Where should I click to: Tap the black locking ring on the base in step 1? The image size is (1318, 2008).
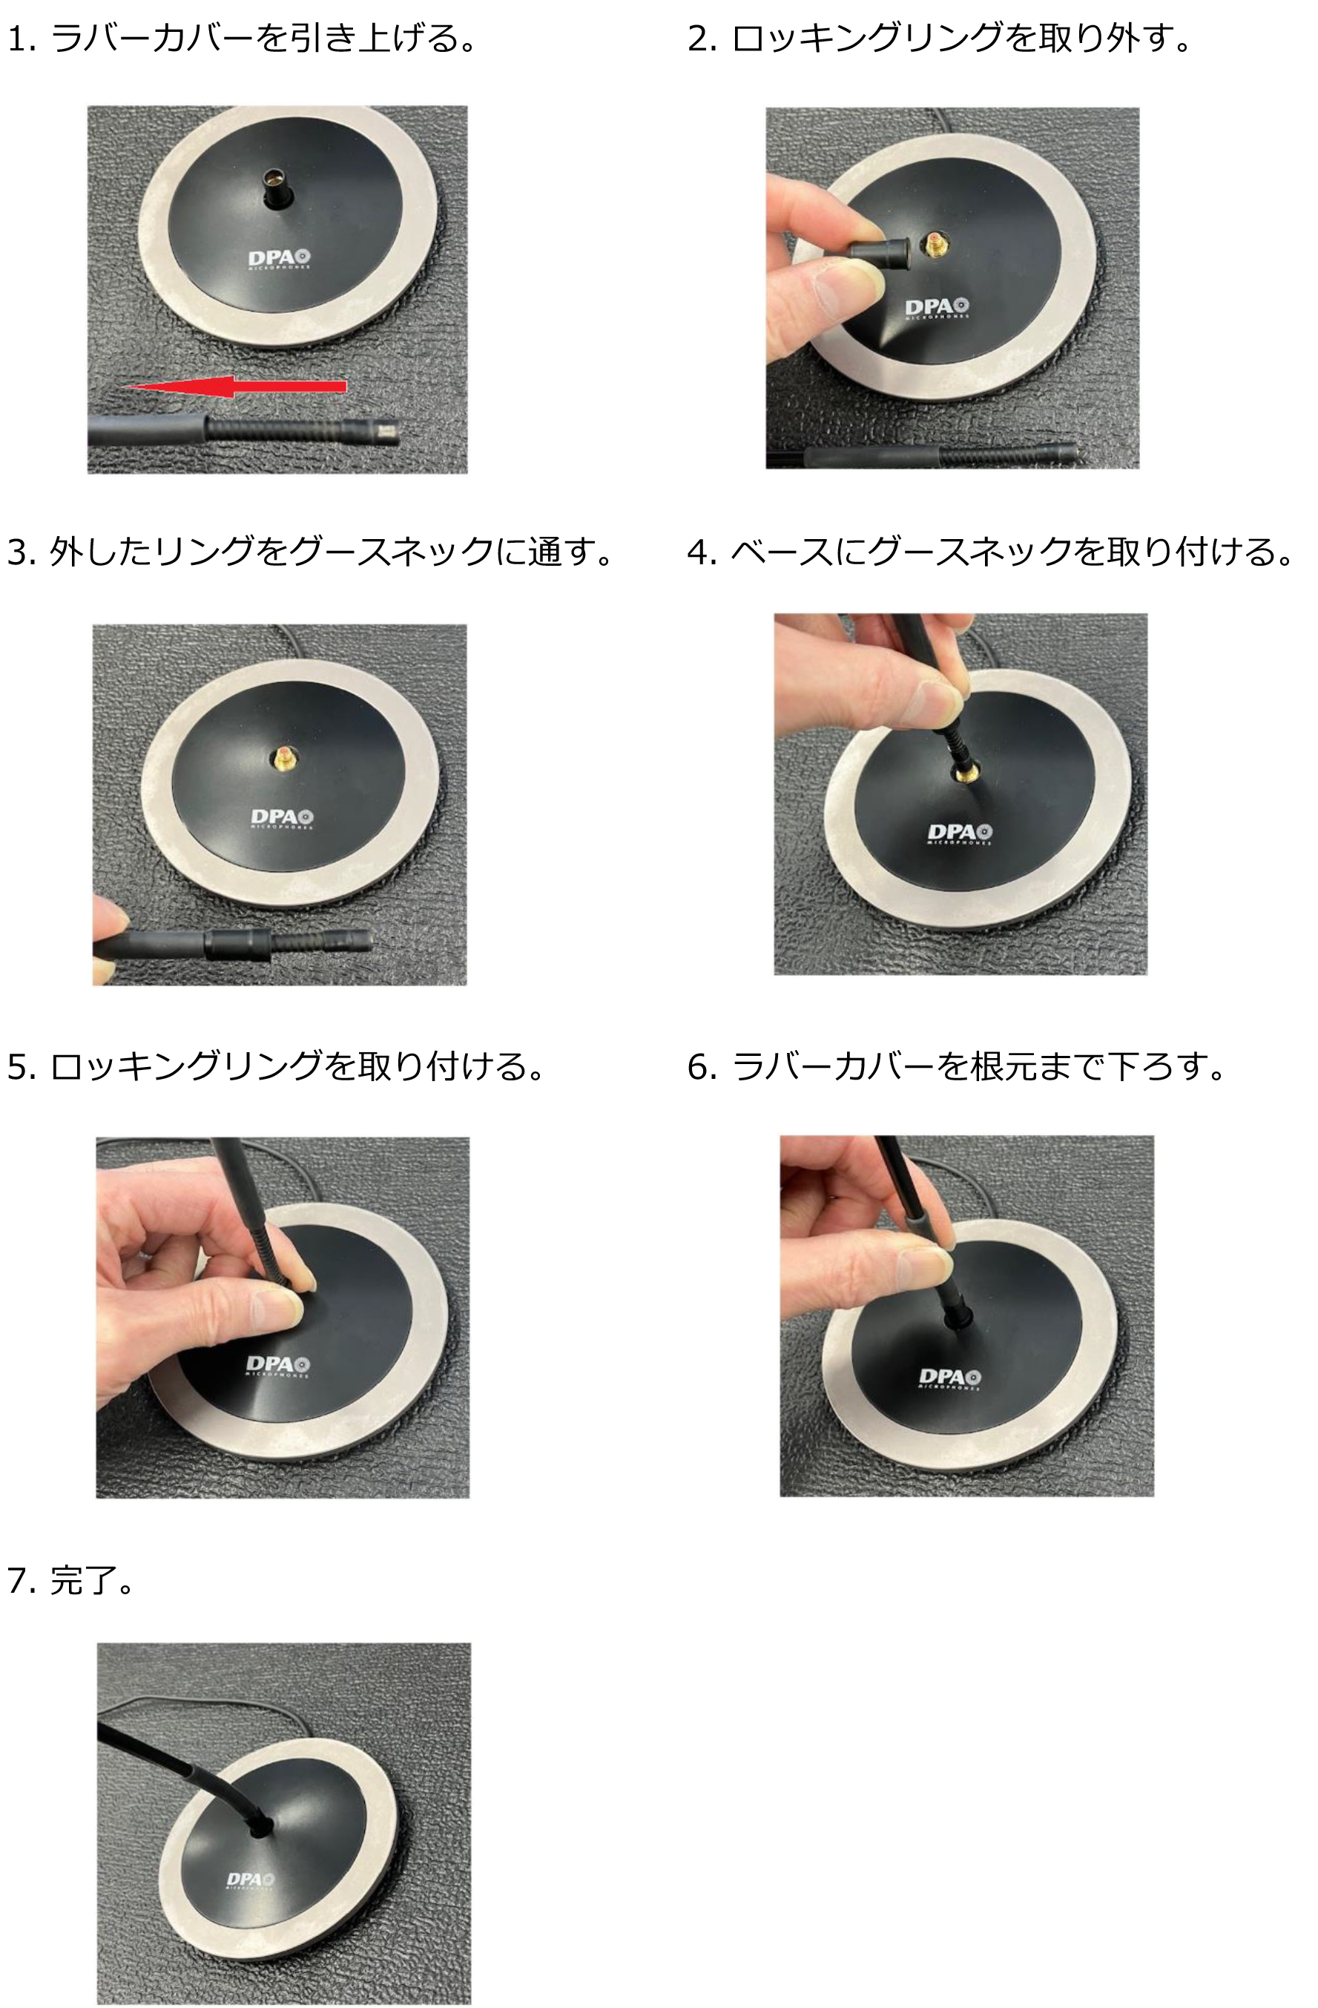point(277,191)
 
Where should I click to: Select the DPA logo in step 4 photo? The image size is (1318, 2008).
point(961,833)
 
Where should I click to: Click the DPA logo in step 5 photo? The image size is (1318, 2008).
point(277,1364)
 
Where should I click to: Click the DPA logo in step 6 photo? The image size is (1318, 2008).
point(949,1378)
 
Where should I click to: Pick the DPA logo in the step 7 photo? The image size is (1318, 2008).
point(250,1880)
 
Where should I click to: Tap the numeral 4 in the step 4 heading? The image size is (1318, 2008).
point(697,552)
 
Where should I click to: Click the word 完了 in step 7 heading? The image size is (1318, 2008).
point(82,1580)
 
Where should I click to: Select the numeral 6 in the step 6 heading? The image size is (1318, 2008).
point(697,1067)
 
